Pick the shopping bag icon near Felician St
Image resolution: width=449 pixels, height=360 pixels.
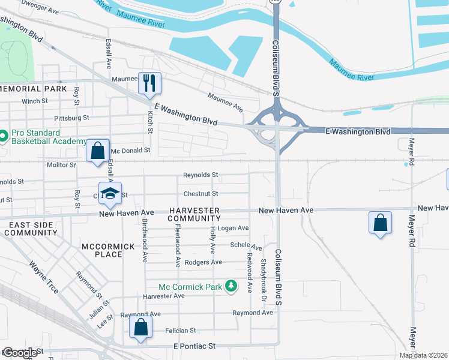(x=140, y=328)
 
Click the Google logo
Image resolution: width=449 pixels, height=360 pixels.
(x=19, y=353)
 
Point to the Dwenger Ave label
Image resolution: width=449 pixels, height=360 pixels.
(x=40, y=11)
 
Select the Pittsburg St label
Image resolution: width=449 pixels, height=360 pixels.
(x=71, y=118)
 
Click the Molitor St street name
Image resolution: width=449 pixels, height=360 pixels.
(x=61, y=164)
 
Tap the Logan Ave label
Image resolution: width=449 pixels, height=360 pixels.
(x=233, y=228)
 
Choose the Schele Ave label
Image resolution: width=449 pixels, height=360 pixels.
(x=246, y=245)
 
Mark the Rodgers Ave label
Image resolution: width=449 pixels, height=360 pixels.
(x=203, y=262)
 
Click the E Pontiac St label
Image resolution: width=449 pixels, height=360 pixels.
(x=193, y=347)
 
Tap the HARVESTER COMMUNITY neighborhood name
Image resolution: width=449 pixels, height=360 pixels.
(x=194, y=214)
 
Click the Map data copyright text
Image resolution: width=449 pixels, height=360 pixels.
(x=423, y=355)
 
